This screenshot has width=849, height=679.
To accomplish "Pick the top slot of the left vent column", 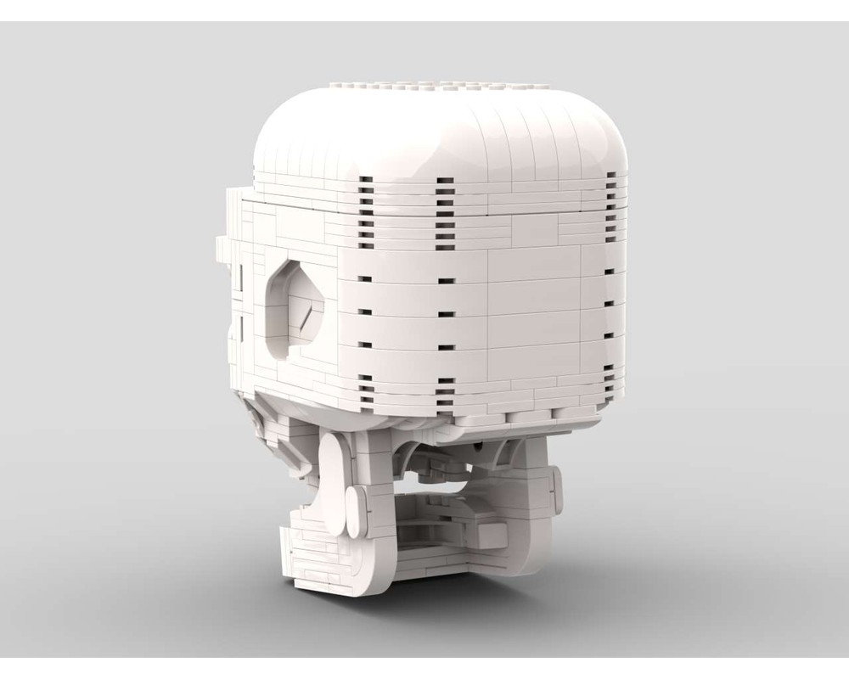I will (x=365, y=180).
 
